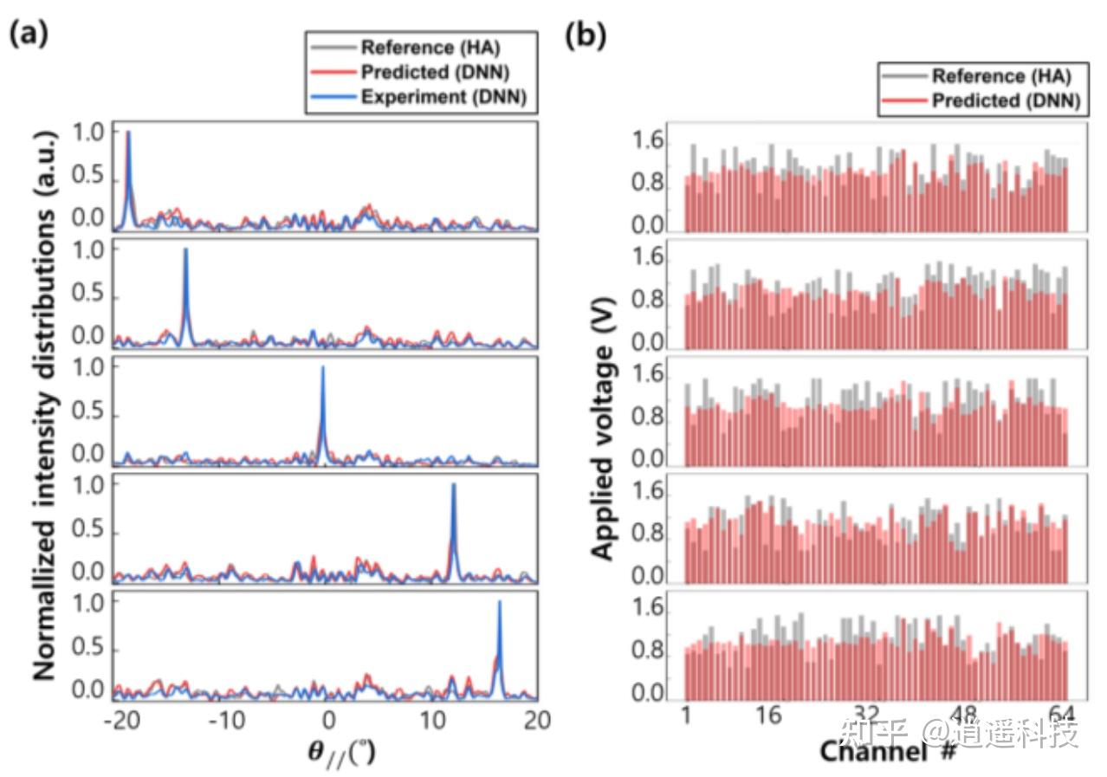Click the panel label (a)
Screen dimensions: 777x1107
click(29, 35)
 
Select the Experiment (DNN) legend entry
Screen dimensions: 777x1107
click(443, 96)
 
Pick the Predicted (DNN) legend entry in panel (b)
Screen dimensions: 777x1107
click(1005, 101)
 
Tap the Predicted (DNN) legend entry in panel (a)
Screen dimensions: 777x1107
click(443, 71)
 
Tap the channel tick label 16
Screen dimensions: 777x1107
click(768, 715)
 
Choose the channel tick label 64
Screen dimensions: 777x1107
click(1062, 715)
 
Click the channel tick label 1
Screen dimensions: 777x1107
click(686, 715)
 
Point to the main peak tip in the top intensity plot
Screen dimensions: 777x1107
click(128, 133)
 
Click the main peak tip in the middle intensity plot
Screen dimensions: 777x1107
click(323, 367)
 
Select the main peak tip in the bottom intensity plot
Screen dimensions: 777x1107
click(499, 602)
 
